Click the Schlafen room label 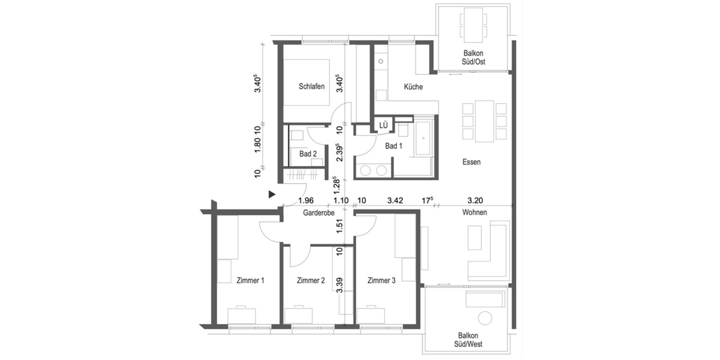pos(311,86)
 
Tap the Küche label pos(413,87)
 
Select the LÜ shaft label pos(383,125)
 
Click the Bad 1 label pos(394,146)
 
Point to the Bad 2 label pos(308,154)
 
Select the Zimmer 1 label pos(250,280)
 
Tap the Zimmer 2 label pos(311,280)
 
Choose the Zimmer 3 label pos(382,280)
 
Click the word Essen pos(472,162)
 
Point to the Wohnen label pos(474,212)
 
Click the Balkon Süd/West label pos(469,340)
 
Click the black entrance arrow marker pos(272,194)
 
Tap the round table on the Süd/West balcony pos(485,318)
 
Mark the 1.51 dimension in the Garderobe pos(340,226)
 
